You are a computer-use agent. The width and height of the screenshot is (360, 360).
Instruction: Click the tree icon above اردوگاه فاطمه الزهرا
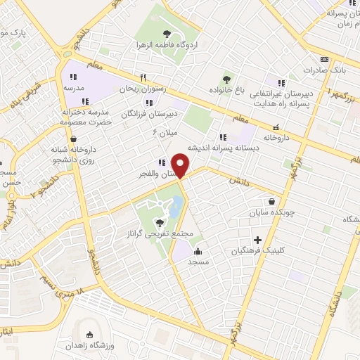point(167,33)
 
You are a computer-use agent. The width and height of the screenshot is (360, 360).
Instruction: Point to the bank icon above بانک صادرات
point(324,60)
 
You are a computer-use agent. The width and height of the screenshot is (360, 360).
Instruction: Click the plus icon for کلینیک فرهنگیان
point(257,240)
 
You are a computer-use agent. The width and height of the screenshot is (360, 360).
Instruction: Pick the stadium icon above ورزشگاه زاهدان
point(89,335)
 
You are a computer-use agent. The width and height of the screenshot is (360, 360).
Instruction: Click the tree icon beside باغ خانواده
point(226,79)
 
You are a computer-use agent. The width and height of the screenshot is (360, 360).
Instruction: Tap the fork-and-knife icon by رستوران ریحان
point(143,77)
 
